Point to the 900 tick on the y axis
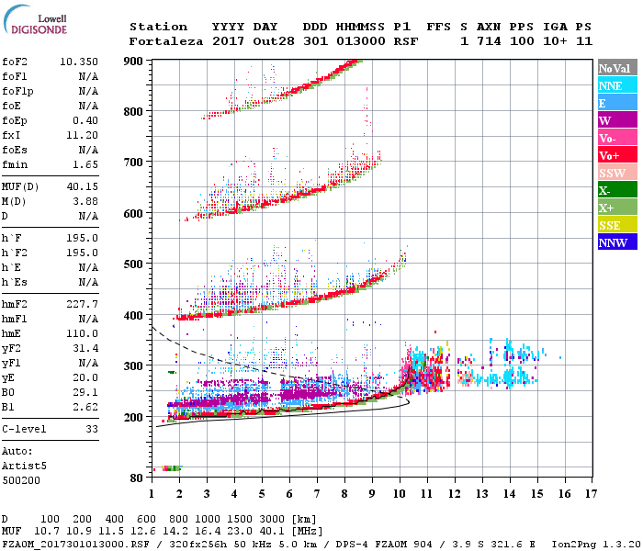pyautogui.click(x=134, y=61)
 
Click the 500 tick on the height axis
pyautogui.click(x=134, y=264)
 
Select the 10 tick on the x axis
pyautogui.click(x=400, y=495)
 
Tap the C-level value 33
pyautogui.click(x=90, y=429)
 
